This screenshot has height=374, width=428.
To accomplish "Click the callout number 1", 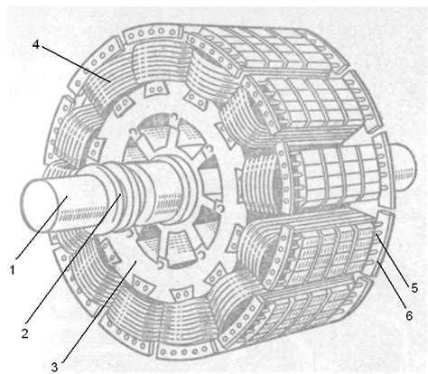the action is tap(13, 269).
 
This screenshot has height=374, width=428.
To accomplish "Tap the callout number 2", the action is tap(25, 333).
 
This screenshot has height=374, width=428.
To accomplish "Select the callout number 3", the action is tap(54, 367).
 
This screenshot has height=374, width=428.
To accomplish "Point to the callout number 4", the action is tap(36, 45).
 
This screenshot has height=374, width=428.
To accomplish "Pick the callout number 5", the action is tap(414, 288).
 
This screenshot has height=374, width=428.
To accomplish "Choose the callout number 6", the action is tap(409, 315).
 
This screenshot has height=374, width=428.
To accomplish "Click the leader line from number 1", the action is tap(42, 228).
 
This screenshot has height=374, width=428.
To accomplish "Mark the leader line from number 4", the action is tap(76, 64).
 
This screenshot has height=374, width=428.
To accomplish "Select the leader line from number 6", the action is tap(392, 286).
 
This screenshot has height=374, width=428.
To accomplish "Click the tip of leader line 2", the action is tap(121, 194).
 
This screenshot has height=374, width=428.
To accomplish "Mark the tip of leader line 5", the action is tap(376, 234).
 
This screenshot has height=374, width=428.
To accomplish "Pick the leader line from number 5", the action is tap(393, 257).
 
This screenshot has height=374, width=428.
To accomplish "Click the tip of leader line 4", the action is tap(110, 81).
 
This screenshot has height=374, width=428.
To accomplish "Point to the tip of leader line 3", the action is tap(136, 261).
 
